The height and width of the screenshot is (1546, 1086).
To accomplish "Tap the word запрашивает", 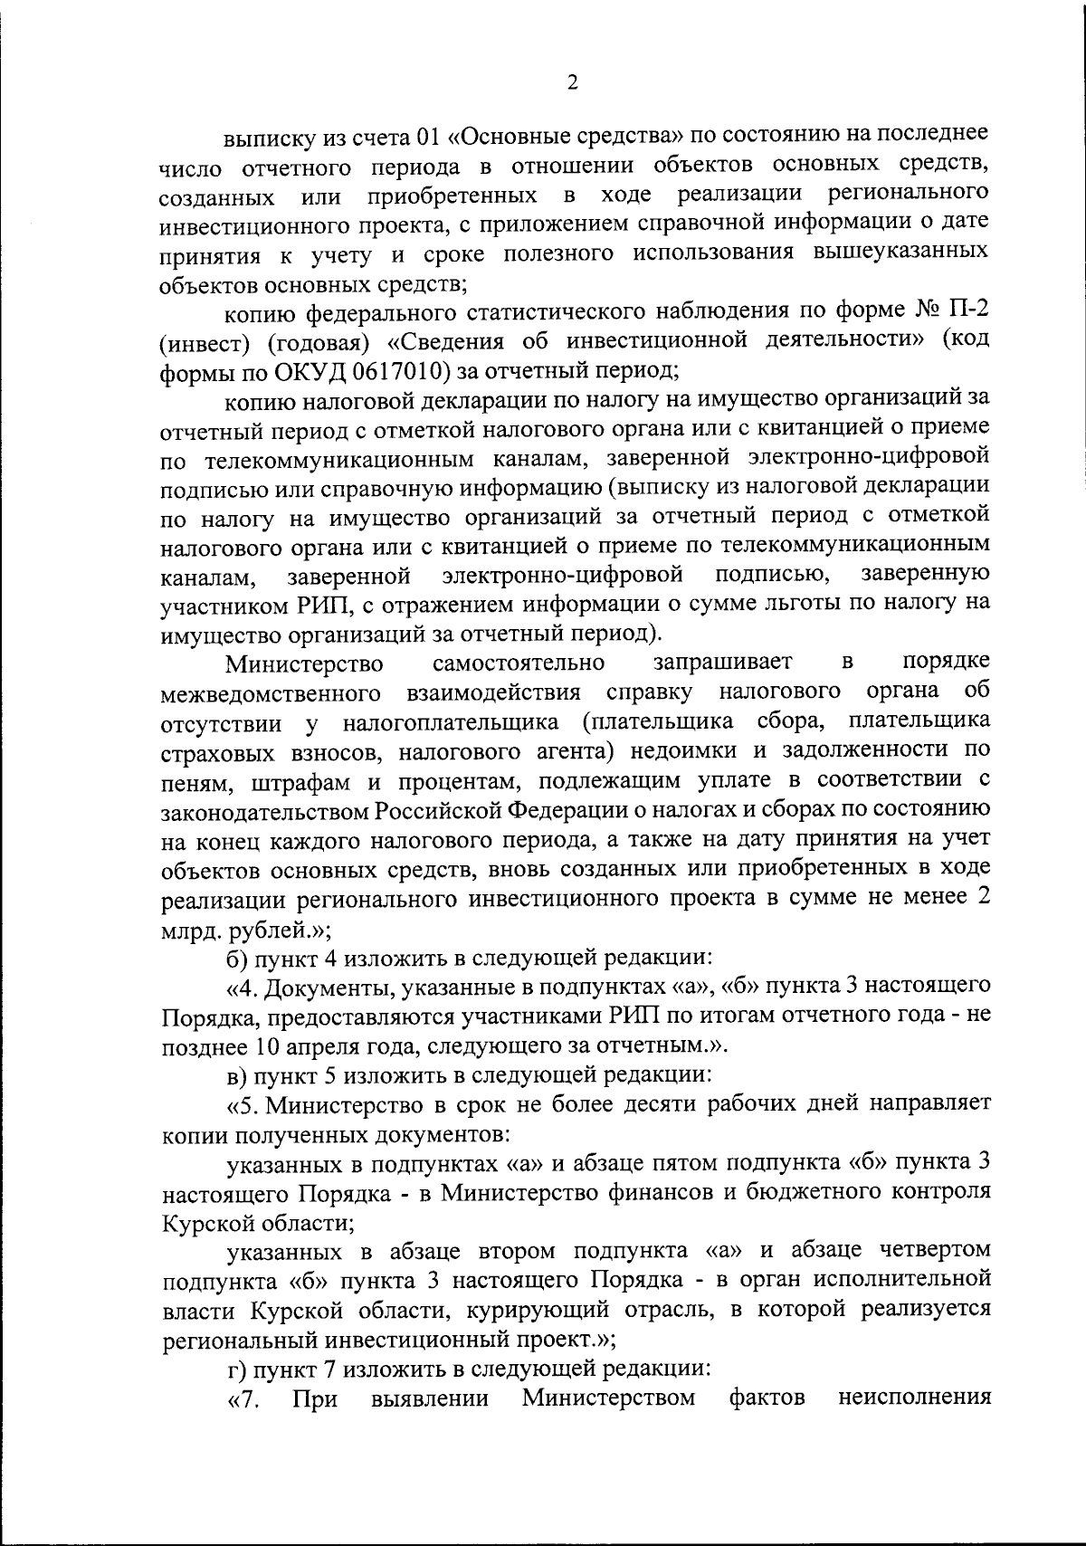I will point(723,663).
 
